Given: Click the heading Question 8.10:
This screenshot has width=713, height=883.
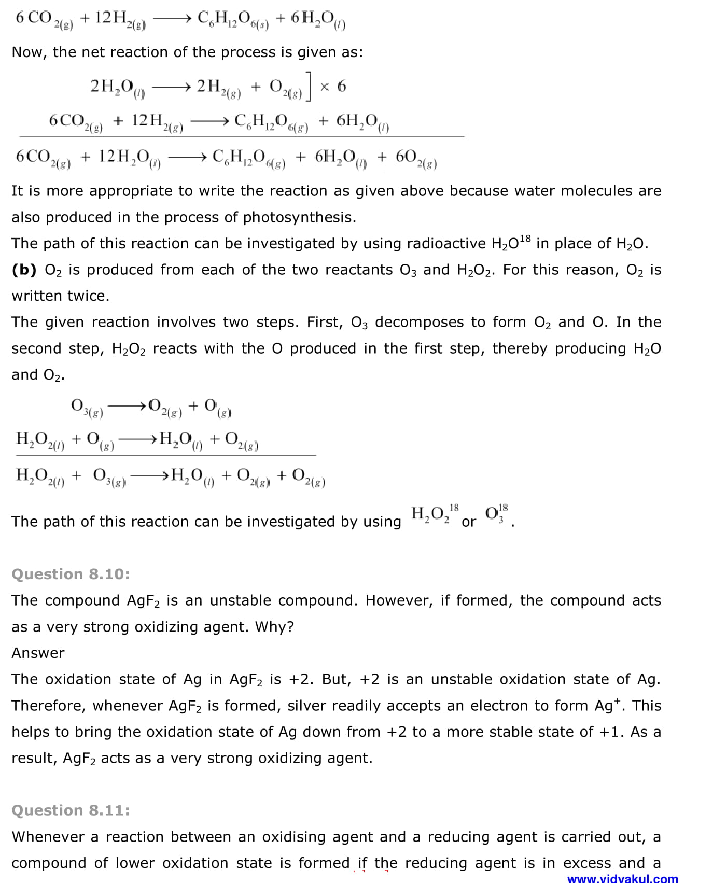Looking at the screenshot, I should click(x=71, y=574).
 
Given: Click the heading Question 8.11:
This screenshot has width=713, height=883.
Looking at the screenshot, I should click(x=71, y=810).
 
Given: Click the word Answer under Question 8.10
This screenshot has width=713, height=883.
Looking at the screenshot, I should click(x=38, y=653).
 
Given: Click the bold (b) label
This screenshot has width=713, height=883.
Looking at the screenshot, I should click(x=24, y=270).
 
